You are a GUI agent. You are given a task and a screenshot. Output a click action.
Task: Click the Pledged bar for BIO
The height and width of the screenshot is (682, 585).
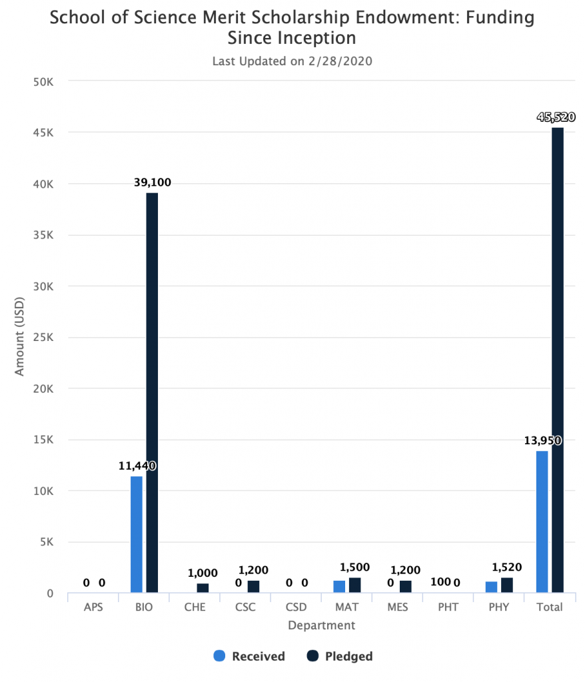[x=152, y=392]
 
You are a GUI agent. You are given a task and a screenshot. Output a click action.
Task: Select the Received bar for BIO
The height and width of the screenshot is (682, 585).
[x=136, y=534]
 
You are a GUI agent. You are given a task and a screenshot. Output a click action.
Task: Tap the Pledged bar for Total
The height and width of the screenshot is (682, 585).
[x=558, y=360]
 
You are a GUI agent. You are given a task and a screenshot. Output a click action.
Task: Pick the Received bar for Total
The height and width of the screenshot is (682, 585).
[x=542, y=521]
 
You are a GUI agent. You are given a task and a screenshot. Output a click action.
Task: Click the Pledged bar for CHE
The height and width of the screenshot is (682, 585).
[x=203, y=587]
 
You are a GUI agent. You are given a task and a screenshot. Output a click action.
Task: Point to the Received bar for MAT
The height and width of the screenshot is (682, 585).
[x=340, y=586]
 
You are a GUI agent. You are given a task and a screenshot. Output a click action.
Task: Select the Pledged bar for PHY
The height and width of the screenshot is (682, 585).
[x=507, y=585]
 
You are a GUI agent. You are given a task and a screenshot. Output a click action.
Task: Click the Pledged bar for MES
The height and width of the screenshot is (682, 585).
[x=406, y=586]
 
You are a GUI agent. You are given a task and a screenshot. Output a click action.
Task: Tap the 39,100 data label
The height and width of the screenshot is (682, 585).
[x=153, y=182]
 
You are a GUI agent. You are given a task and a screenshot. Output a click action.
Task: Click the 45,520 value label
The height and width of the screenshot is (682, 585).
[x=556, y=117]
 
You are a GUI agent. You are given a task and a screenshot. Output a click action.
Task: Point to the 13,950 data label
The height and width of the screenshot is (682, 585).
[x=543, y=441]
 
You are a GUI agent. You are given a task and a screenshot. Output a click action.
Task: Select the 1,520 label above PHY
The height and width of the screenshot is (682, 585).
[x=506, y=567]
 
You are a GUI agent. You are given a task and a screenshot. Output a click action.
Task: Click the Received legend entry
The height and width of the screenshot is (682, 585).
[x=249, y=656]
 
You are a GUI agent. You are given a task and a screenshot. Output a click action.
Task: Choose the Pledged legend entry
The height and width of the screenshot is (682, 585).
[x=340, y=656]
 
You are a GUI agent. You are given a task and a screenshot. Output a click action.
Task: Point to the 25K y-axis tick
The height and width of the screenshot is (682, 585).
[x=43, y=338]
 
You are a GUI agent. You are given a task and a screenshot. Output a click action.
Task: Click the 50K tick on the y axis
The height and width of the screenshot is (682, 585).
[x=43, y=82]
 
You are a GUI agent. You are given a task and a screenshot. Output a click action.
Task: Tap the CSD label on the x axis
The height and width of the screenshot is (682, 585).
[x=296, y=607]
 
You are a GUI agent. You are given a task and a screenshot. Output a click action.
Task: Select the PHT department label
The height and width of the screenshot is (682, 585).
[x=448, y=607]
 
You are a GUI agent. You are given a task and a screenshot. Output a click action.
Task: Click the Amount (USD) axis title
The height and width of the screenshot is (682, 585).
[x=19, y=336]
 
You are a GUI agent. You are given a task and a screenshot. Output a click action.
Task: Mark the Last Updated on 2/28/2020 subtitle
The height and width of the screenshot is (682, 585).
[x=292, y=61]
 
